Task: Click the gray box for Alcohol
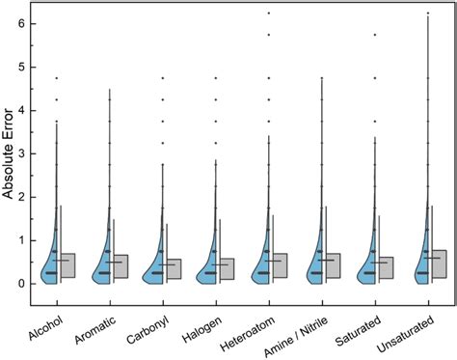(x=67, y=265)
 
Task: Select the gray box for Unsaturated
(x=438, y=263)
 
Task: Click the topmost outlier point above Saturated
(x=374, y=35)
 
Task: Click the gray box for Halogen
(x=226, y=268)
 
